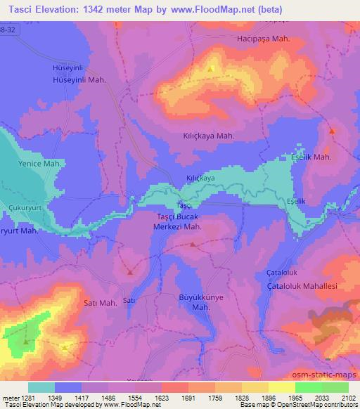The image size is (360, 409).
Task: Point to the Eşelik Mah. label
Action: click(x=311, y=157)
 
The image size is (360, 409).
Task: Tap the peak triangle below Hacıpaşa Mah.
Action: click(x=211, y=69)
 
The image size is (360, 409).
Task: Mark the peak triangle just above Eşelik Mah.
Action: click(x=332, y=131)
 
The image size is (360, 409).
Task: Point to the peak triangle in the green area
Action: click(x=26, y=342)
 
